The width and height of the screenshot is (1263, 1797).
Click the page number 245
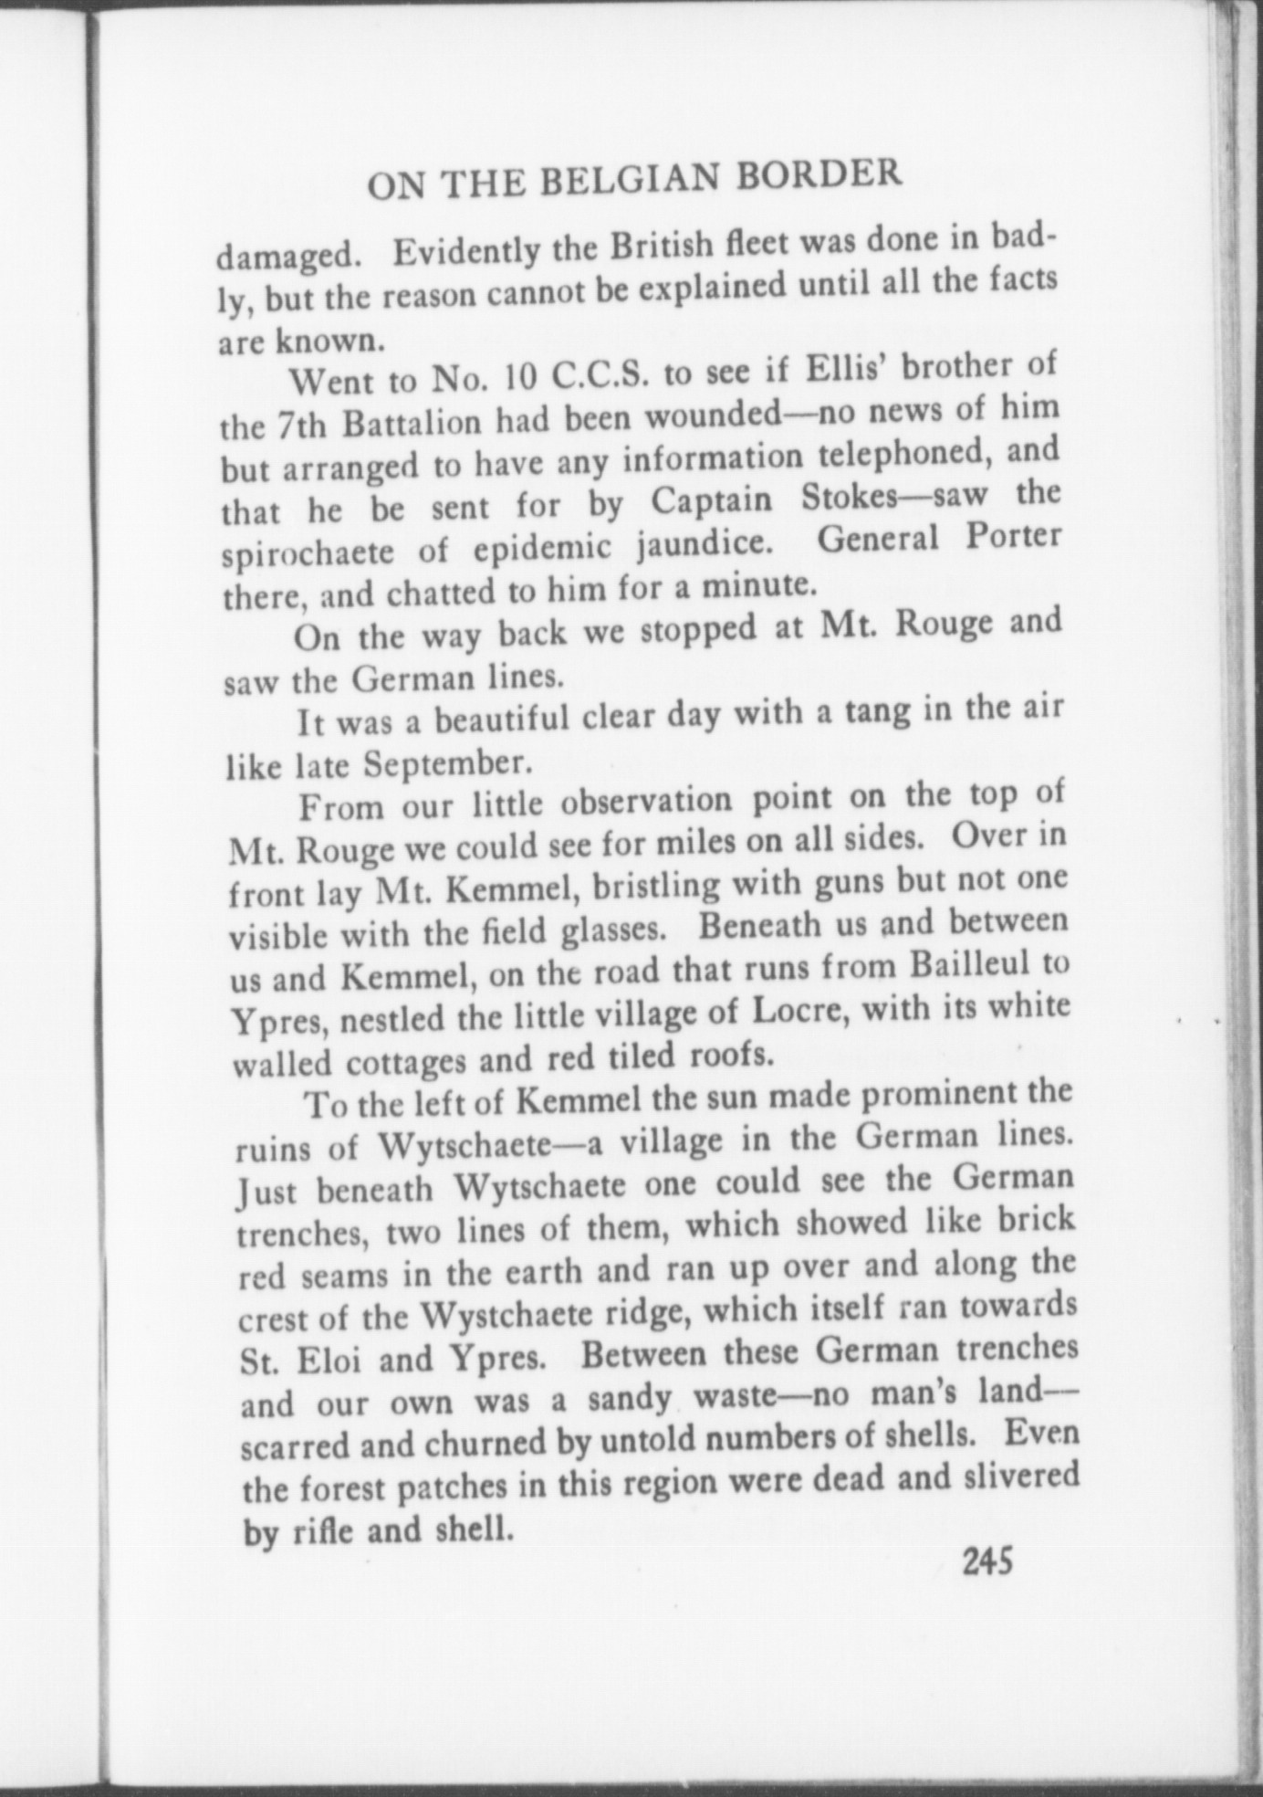click(988, 1563)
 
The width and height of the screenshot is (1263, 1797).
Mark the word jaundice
click(698, 544)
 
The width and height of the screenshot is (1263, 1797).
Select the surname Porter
click(1013, 536)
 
